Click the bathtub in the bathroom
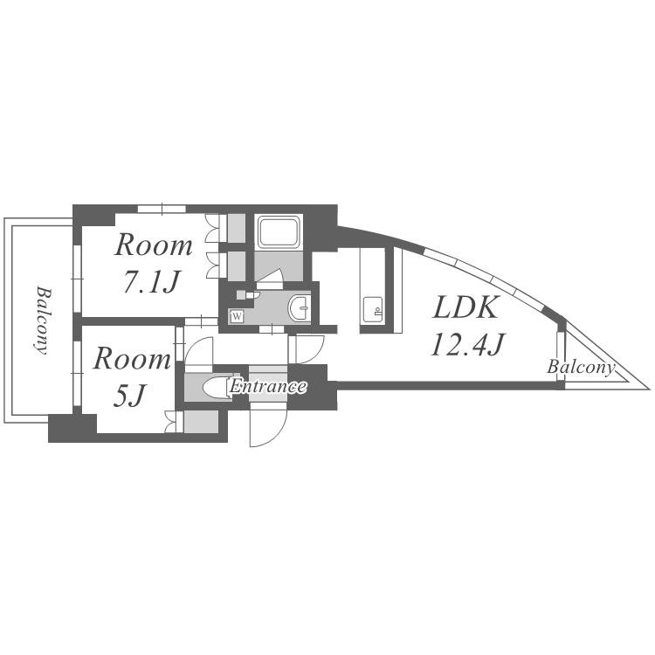click(279, 232)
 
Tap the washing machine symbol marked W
click(238, 316)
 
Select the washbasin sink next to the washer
click(299, 308)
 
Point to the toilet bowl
click(216, 387)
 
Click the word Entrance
click(267, 387)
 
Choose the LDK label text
click(465, 307)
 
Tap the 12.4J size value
click(468, 345)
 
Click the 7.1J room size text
click(151, 281)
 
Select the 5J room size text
click(128, 395)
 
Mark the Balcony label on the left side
click(42, 320)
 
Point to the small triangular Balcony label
click(581, 367)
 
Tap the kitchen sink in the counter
click(372, 309)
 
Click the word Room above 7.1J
click(154, 245)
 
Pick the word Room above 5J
click(132, 359)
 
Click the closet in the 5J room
click(201, 422)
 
